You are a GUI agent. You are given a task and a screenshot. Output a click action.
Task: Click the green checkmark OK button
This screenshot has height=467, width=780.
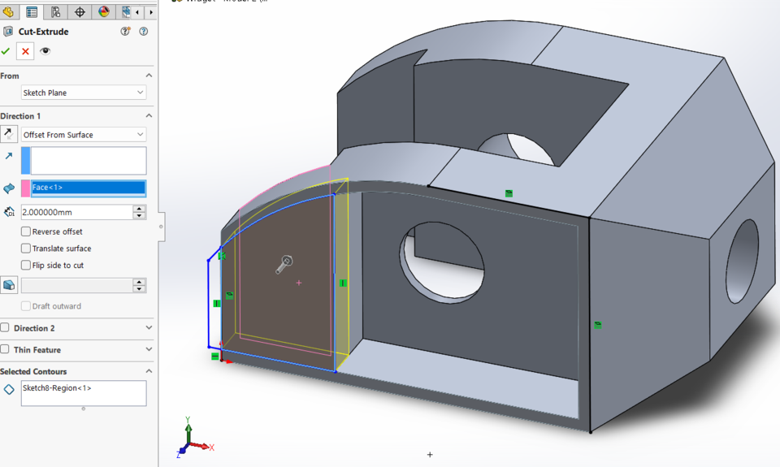click(x=6, y=51)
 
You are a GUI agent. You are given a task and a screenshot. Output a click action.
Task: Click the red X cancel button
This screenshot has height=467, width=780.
click(x=25, y=51)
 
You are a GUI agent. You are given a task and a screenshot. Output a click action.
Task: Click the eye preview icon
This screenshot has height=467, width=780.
click(x=45, y=51)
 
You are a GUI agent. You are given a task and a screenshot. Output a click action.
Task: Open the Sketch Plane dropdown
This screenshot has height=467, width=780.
click(x=84, y=93)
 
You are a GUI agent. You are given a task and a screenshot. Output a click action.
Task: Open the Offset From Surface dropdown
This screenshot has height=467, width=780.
click(x=84, y=135)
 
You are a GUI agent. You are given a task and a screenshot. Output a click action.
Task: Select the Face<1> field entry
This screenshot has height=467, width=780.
click(x=88, y=188)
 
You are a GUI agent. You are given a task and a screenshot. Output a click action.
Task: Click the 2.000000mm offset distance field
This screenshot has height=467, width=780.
click(x=76, y=212)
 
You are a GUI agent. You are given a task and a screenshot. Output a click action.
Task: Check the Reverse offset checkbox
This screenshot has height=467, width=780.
click(x=26, y=231)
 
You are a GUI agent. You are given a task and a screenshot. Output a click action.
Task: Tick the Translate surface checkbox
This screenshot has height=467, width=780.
click(x=26, y=249)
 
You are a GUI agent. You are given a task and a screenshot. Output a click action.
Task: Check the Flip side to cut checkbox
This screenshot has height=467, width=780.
click(x=26, y=266)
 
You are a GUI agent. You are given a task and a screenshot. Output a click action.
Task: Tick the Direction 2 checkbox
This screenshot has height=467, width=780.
click(x=6, y=328)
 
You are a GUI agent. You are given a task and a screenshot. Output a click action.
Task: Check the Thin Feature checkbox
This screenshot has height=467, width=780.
click(x=6, y=350)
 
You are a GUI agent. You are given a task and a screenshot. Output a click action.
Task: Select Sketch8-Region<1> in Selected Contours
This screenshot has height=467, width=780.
click(x=57, y=388)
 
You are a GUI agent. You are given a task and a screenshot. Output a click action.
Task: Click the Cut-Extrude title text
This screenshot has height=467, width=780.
click(x=43, y=32)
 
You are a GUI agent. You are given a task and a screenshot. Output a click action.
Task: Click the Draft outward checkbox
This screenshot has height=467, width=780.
click(x=26, y=306)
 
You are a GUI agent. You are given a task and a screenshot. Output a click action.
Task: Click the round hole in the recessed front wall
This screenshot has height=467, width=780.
click(x=442, y=262)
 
